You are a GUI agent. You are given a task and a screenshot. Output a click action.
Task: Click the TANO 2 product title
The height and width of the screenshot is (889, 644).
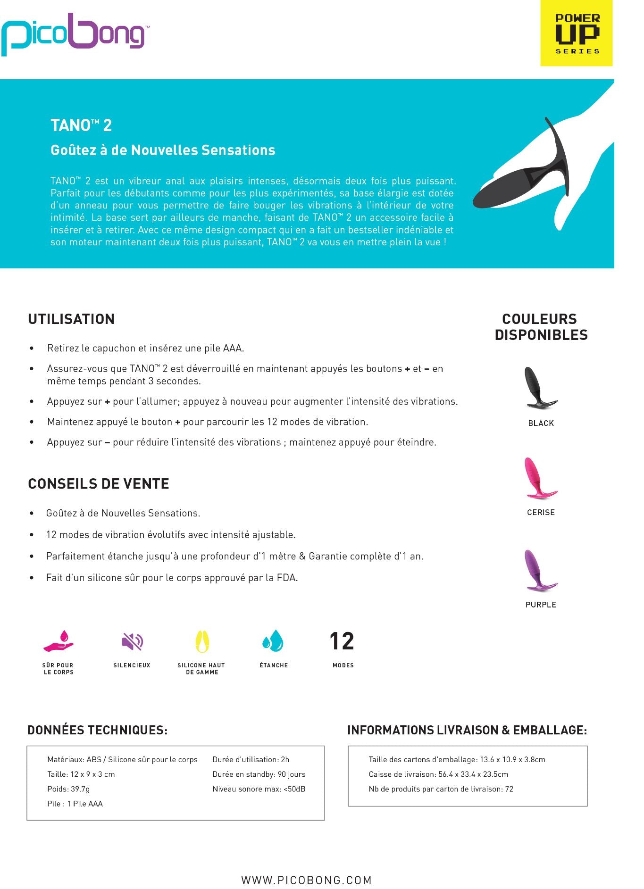pyautogui.click(x=81, y=125)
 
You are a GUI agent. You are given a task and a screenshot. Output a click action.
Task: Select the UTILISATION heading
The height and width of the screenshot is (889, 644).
pyautogui.click(x=71, y=319)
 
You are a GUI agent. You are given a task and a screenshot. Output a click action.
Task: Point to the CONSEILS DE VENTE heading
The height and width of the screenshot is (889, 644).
pyautogui.click(x=99, y=484)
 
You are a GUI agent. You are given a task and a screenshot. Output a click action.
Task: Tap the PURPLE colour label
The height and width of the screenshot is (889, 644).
pyautogui.click(x=541, y=605)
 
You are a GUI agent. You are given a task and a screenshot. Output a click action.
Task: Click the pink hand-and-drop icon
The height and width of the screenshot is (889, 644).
pyautogui.click(x=59, y=641)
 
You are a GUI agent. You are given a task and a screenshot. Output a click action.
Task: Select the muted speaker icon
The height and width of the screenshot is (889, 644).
pyautogui.click(x=132, y=641)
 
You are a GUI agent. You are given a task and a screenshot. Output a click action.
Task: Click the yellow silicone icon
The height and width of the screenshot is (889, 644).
pyautogui.click(x=202, y=641)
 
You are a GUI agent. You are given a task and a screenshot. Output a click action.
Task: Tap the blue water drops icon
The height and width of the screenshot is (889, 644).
pyautogui.click(x=273, y=641)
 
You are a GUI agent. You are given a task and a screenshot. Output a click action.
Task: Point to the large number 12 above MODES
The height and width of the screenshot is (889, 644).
pyautogui.click(x=342, y=641)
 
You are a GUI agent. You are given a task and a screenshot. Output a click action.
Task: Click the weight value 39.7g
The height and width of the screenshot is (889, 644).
pyautogui.click(x=80, y=789)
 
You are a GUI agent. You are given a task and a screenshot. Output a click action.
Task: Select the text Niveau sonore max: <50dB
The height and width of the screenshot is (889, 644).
pyautogui.click(x=259, y=789)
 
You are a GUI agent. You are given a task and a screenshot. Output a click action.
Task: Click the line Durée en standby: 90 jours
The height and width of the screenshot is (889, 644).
pyautogui.click(x=259, y=774)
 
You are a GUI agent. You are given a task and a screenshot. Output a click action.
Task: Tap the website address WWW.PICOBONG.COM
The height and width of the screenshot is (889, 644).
pyautogui.click(x=307, y=880)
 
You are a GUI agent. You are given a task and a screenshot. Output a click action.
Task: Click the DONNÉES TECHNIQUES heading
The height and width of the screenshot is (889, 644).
pyautogui.click(x=97, y=730)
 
